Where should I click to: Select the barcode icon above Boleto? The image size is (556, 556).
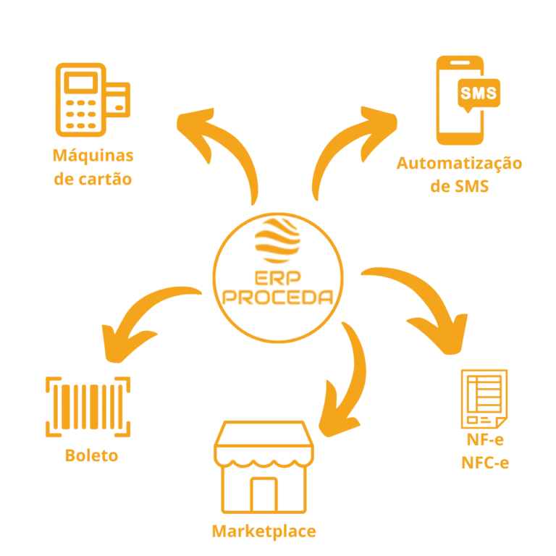tap(88, 407)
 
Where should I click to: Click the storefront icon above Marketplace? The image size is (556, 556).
tap(264, 467)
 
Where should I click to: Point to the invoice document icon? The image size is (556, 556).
tap(484, 399)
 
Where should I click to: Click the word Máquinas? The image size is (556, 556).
tap(93, 156)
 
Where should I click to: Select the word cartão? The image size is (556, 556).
tap(105, 179)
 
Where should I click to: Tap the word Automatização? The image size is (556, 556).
tap(459, 164)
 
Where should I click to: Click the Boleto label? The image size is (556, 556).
tap(91, 455)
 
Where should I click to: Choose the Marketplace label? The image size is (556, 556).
tap(264, 531)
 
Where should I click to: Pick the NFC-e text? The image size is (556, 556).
tap(485, 463)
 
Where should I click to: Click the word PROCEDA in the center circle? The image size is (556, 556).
tap(278, 297)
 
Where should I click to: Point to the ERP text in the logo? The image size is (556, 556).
tap(278, 278)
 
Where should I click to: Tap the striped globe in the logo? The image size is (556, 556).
tap(278, 240)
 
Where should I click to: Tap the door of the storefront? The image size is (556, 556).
tap(264, 495)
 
